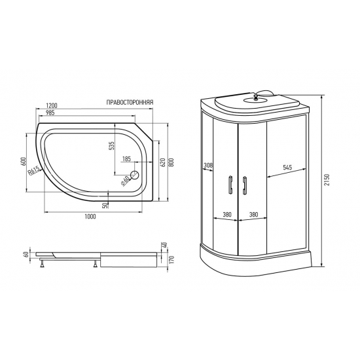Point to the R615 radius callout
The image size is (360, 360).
click(35, 172)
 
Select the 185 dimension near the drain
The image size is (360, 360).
click(126, 159)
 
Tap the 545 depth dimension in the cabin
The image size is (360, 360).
click(287, 168)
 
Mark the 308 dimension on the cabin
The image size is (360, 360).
click(208, 165)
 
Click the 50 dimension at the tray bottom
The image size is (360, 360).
click(106, 204)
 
